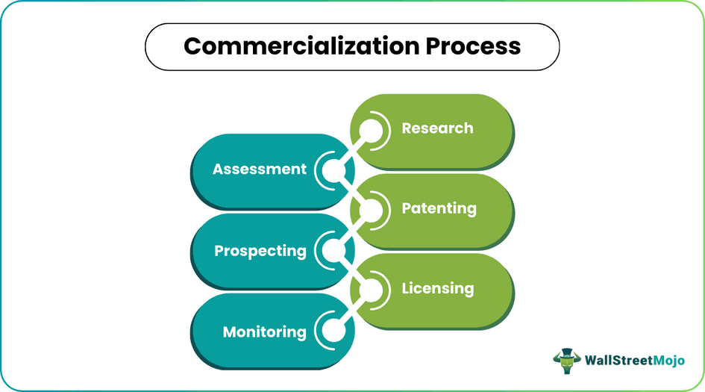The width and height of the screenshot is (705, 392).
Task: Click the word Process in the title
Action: tap(474, 46)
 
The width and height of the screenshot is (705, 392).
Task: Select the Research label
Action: tap(437, 128)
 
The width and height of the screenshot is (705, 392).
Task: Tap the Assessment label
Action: tap(259, 169)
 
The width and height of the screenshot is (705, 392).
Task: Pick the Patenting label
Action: tap(439, 208)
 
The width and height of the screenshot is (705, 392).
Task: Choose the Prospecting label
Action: tap(260, 251)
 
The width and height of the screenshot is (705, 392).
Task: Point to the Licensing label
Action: tap(437, 288)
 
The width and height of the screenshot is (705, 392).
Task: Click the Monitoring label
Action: tap(264, 332)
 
